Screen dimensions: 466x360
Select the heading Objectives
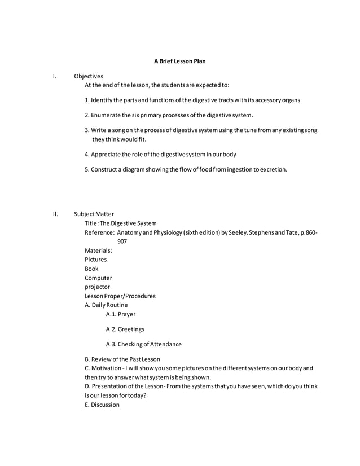pyautogui.click(x=88, y=76)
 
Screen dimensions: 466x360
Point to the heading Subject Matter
pyautogui.click(x=94, y=214)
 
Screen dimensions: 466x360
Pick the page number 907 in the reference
pyautogui.click(x=122, y=241)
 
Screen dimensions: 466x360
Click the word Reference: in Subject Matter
pyautogui.click(x=100, y=232)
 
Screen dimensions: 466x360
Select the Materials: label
pyautogui.click(x=98, y=250)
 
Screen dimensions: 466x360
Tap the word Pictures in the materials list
pyautogui.click(x=95, y=260)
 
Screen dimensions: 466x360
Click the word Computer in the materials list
pyautogui.click(x=98, y=278)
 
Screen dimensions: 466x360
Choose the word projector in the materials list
pyautogui.click(x=98, y=287)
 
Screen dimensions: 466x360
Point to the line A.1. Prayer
pyautogui.click(x=120, y=314)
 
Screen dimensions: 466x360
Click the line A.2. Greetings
pyautogui.click(x=125, y=329)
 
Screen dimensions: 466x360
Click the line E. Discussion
pyautogui.click(x=102, y=405)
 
